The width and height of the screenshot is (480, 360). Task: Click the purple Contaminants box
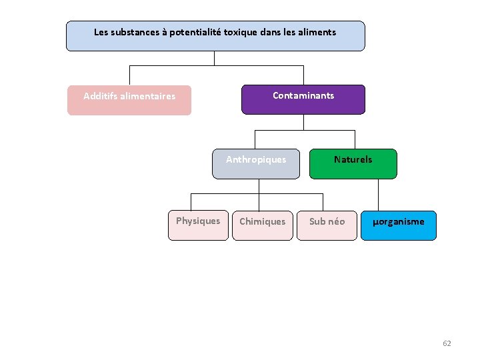[303, 99]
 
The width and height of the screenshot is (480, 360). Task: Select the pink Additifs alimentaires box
[129, 100]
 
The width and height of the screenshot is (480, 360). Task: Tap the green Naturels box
[353, 164]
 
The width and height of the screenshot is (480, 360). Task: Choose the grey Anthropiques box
[256, 164]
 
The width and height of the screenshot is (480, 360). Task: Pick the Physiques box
[197, 225]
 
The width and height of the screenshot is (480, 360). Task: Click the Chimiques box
[262, 225]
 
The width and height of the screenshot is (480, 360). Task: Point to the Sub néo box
[327, 225]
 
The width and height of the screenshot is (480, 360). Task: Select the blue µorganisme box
[398, 225]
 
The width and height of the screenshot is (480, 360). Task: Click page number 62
[447, 343]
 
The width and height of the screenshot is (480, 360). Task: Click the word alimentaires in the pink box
[148, 96]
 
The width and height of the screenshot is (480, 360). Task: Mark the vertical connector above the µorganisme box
[378, 195]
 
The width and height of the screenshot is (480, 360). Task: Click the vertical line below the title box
[215, 58]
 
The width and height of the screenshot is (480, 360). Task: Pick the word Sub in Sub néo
[317, 221]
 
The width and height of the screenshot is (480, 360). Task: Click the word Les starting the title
[101, 32]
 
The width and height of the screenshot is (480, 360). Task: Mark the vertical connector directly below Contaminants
[303, 122]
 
